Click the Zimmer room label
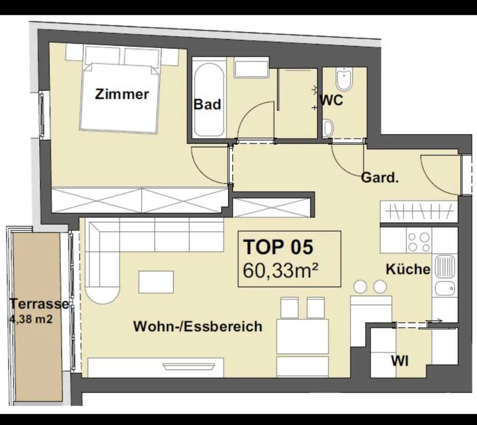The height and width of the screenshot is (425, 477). [x=122, y=94]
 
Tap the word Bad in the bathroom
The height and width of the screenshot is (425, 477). [x=207, y=104]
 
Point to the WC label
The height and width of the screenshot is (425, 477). [x=332, y=100]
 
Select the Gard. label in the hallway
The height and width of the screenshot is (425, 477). [x=380, y=178]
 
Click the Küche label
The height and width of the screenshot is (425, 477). [x=408, y=269]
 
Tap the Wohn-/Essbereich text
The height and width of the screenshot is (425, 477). [x=198, y=326]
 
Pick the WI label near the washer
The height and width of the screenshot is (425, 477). [x=400, y=361]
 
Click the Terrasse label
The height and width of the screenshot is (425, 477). [x=40, y=304]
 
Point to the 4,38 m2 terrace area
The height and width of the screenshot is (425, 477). [x=31, y=319]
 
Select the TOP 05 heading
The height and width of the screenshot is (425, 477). [x=278, y=247]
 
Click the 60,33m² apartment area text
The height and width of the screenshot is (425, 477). [x=280, y=270]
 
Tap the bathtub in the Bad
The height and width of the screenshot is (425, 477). [x=209, y=100]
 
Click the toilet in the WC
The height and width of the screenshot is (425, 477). [x=344, y=79]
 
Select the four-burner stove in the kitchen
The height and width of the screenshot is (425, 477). [x=419, y=241]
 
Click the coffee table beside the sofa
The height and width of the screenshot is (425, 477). [x=156, y=282]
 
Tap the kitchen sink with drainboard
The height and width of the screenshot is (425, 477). [x=445, y=275]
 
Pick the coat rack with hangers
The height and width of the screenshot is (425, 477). [x=419, y=211]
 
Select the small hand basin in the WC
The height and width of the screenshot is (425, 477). [x=328, y=128]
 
